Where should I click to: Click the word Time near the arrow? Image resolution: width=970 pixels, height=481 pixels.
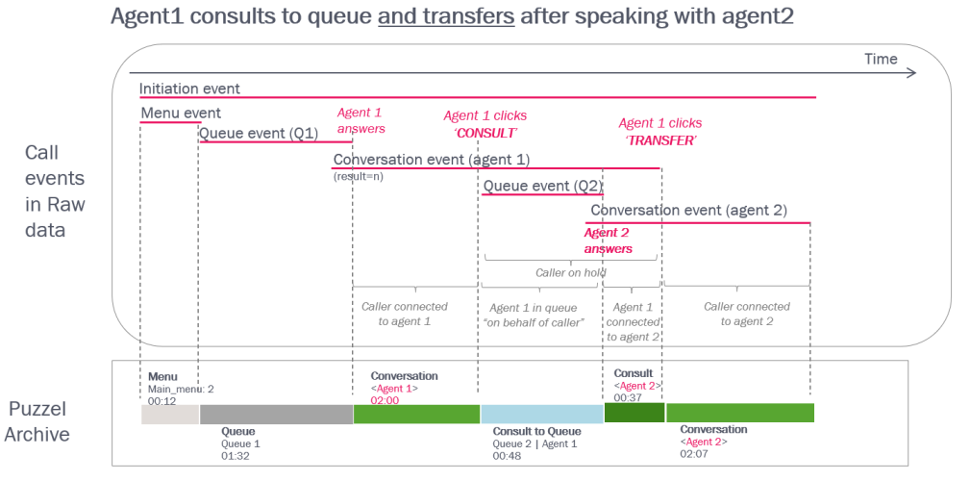(x=881, y=60)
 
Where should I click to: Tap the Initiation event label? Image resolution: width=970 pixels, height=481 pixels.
(x=189, y=89)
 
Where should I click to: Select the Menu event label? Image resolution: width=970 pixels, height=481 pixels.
(x=181, y=114)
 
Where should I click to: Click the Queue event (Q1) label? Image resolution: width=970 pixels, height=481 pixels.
(x=258, y=134)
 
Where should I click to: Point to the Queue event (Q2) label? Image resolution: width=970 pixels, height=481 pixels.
(x=542, y=186)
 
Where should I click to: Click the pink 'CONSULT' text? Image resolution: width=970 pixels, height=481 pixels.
(x=485, y=133)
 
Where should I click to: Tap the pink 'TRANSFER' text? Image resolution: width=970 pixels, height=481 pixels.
(x=660, y=139)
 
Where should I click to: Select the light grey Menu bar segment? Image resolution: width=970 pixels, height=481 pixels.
(x=170, y=414)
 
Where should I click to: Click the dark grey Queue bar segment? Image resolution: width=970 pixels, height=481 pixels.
(x=276, y=414)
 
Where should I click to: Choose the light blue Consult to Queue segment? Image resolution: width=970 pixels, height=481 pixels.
(x=541, y=414)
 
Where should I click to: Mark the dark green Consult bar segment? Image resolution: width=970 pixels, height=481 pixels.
(x=634, y=413)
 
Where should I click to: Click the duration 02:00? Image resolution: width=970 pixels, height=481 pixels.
(x=386, y=399)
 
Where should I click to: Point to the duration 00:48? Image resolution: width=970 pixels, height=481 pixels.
(x=508, y=456)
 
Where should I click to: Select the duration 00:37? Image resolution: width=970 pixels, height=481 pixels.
(x=628, y=397)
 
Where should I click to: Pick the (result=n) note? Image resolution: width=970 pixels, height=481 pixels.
(x=359, y=176)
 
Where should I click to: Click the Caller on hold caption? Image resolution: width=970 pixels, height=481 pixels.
(x=571, y=272)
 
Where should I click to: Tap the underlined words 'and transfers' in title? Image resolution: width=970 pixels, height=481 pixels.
(x=446, y=17)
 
